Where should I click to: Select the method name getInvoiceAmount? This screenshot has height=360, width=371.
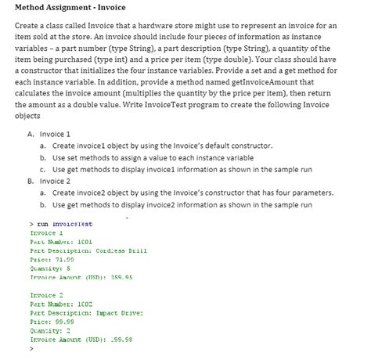[255, 102]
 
